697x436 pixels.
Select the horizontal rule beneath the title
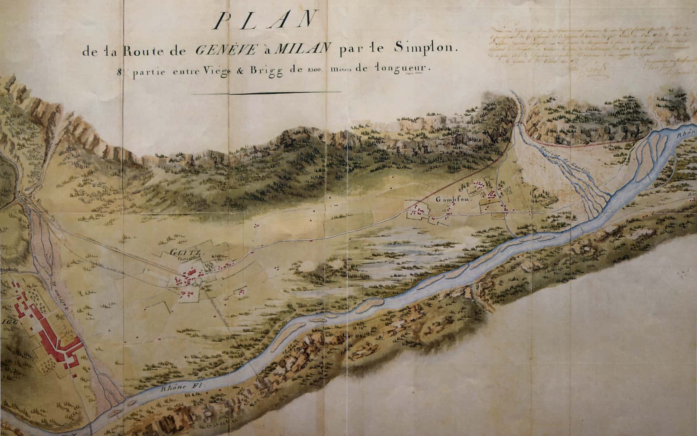point(266,93)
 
